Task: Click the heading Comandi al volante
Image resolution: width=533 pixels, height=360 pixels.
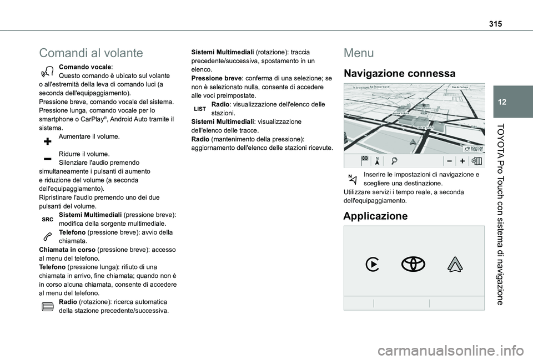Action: coord(91,53)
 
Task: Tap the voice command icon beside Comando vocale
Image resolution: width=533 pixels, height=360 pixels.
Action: coord(47,70)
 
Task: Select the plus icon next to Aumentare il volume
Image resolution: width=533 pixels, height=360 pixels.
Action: coord(47,140)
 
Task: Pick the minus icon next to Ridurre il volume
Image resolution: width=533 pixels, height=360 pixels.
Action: coord(47,158)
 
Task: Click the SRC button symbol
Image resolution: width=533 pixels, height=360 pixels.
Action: coord(47,220)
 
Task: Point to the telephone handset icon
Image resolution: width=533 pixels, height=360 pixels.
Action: coord(47,236)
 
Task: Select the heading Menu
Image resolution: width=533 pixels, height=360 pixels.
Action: coord(359,53)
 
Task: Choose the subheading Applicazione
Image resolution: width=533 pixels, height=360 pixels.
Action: coord(375,216)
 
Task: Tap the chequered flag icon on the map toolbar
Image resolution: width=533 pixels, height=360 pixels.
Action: coord(365,160)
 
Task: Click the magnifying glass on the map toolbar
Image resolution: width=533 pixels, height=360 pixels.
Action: coord(394,160)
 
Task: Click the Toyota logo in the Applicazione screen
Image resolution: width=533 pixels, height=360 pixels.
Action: coord(414,265)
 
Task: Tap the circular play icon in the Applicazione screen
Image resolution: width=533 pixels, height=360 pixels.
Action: coord(373,265)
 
